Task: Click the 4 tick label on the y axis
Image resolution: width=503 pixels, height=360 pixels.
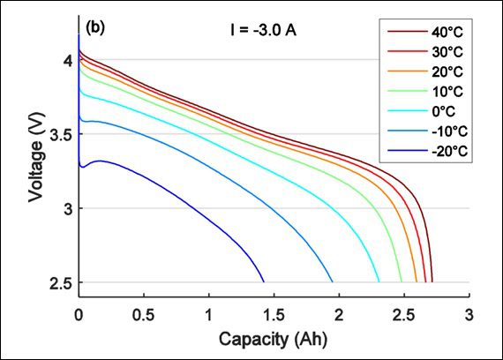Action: pyautogui.click(x=66, y=60)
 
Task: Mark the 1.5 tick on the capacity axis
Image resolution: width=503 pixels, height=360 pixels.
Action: pyautogui.click(x=274, y=315)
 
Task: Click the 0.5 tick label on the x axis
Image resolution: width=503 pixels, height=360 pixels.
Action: pyautogui.click(x=144, y=315)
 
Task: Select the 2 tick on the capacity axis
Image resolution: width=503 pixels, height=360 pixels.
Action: pyautogui.click(x=340, y=315)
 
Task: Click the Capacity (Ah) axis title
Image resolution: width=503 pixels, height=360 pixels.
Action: pyautogui.click(x=274, y=338)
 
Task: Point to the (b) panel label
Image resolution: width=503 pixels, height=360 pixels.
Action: pyautogui.click(x=95, y=27)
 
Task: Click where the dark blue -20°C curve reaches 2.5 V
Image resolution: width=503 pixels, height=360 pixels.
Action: pyautogui.click(x=264, y=282)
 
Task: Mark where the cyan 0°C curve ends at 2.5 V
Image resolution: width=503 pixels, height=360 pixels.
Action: pyautogui.click(x=379, y=282)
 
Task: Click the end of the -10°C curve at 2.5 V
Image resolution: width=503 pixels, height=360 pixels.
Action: pyautogui.click(x=333, y=282)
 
